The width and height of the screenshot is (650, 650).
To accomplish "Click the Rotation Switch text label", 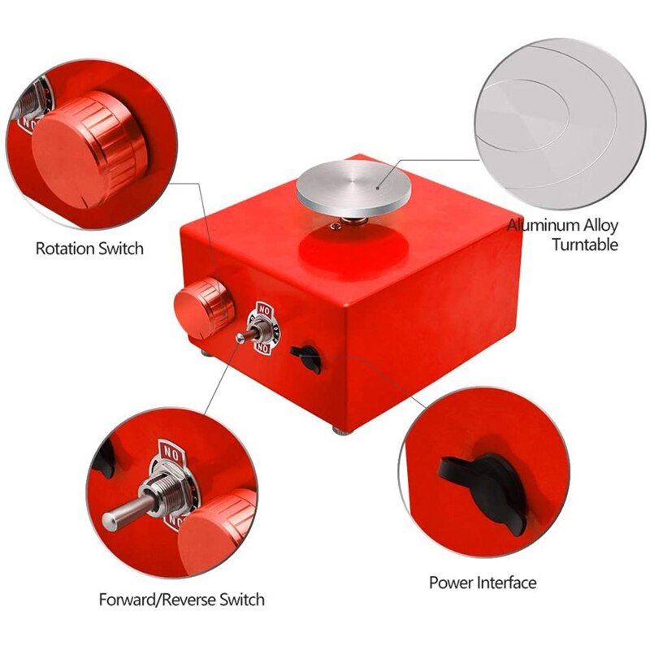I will point(89,248).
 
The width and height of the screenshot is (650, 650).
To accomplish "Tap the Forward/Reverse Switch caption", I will point(181,600).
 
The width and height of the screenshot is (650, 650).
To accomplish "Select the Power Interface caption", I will point(483,583).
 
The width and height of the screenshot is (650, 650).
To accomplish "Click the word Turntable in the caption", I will point(585,245).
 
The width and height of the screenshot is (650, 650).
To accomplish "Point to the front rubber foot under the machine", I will point(338,428).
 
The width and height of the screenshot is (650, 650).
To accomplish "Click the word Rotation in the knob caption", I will point(65,248).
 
